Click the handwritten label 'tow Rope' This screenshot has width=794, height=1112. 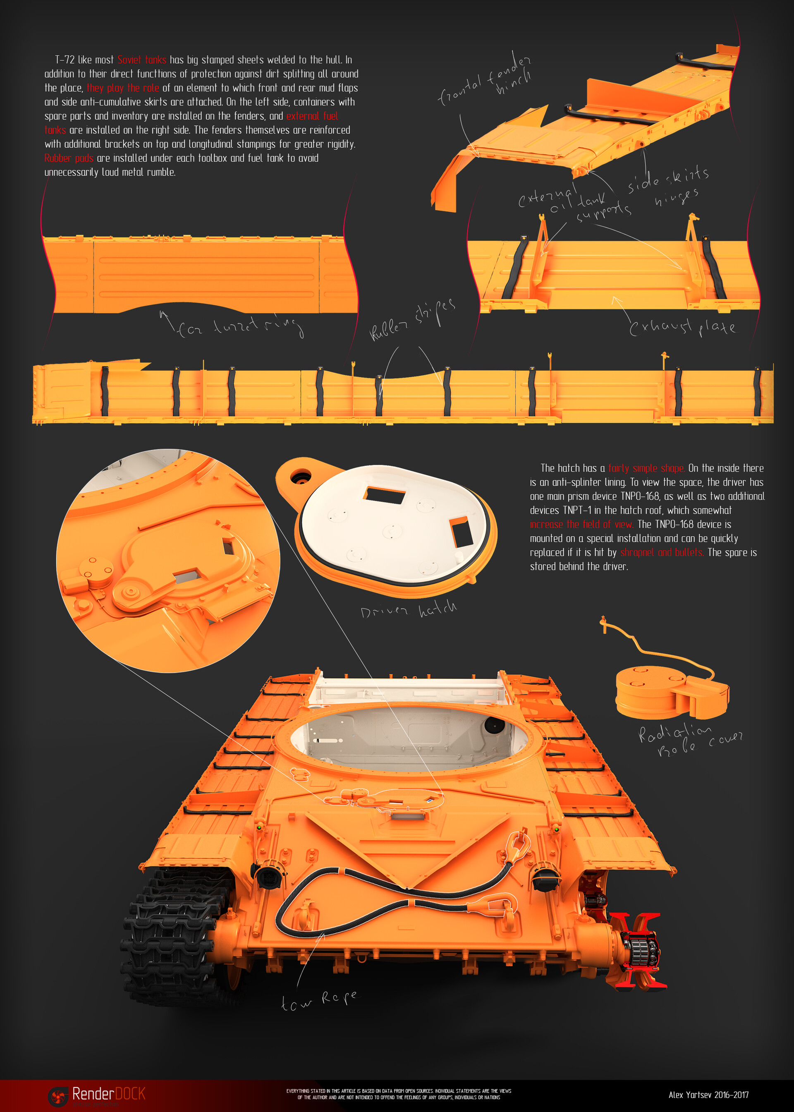point(319,1000)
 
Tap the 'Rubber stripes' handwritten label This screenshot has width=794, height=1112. point(412,320)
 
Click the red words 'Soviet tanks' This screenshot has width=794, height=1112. point(142,60)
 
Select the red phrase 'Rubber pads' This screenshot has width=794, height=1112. point(69,158)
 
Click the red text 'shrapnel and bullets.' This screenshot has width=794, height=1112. point(662,552)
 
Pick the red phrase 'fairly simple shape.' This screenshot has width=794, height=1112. point(646,468)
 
